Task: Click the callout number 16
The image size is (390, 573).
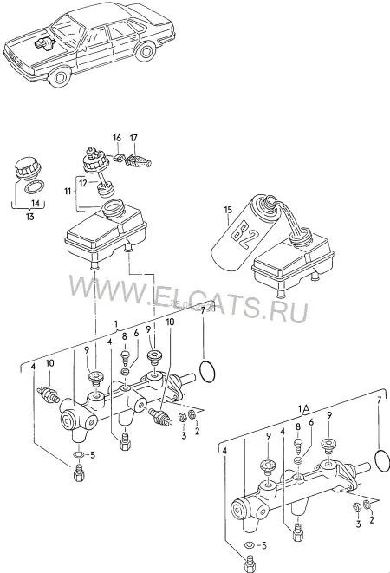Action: [117, 138]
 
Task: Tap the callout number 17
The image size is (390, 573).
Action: [133, 138]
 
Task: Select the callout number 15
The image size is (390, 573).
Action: [228, 210]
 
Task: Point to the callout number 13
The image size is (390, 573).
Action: [30, 217]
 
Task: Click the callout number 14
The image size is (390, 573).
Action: [35, 203]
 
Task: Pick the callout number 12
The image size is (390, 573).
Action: [83, 183]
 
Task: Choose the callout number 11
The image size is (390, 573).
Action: [68, 191]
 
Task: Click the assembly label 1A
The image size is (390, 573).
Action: [304, 408]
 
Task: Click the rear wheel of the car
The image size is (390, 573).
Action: [146, 50]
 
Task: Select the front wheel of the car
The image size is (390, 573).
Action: [59, 77]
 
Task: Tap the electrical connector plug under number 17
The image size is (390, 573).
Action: [139, 160]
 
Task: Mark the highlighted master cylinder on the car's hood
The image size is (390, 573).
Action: [44, 42]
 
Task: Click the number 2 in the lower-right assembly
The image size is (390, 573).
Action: [372, 519]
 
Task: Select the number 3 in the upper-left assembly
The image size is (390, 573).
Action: [184, 435]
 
